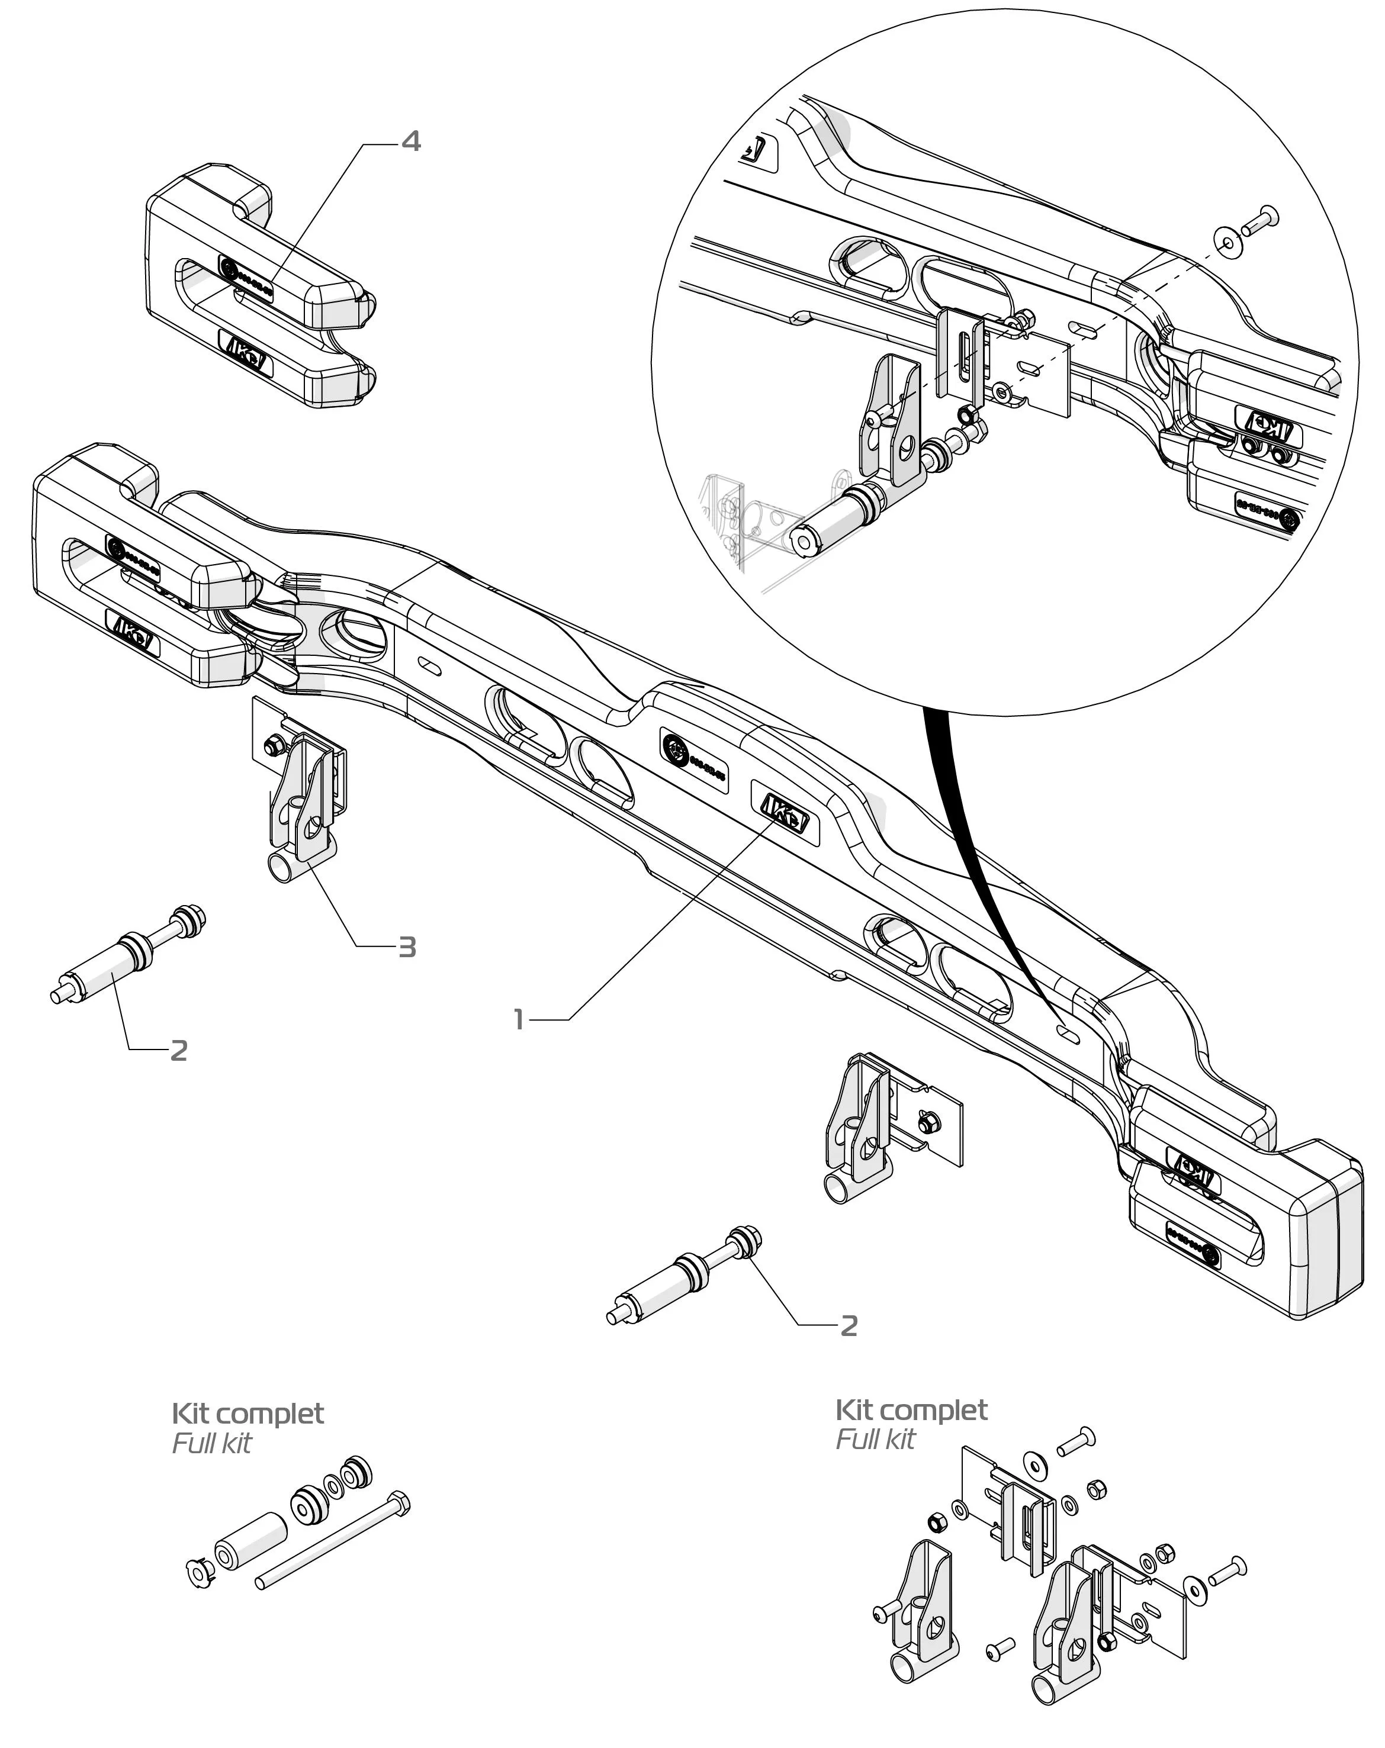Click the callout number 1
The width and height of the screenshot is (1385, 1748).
point(519,1019)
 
